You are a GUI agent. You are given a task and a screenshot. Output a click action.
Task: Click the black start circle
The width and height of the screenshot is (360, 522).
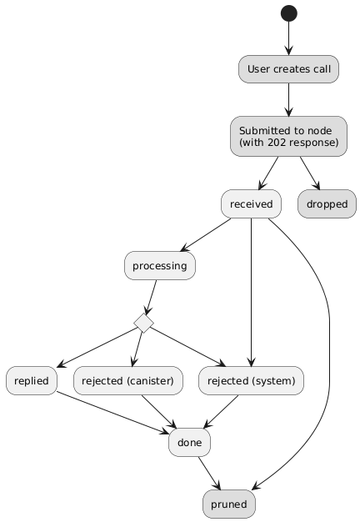[x=289, y=13]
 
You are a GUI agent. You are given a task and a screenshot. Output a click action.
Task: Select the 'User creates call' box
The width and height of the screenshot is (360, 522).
[x=288, y=69]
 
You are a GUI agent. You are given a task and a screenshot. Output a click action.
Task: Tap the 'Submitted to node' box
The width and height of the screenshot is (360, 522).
[x=288, y=137]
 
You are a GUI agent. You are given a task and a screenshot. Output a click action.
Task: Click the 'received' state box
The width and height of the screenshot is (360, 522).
[x=251, y=204]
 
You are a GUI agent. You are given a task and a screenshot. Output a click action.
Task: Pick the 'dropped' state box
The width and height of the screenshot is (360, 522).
[x=327, y=204]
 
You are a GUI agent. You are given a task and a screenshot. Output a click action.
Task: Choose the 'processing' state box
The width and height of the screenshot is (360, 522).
[x=160, y=266]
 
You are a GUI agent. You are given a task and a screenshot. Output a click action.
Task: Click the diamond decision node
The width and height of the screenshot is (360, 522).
[x=143, y=323]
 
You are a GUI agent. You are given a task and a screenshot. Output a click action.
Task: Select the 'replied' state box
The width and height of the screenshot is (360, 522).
[x=32, y=381]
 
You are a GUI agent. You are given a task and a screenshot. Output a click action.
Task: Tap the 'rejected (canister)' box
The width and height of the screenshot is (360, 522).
[x=128, y=381]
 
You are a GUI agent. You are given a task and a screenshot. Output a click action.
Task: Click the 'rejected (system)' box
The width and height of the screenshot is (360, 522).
[x=251, y=381]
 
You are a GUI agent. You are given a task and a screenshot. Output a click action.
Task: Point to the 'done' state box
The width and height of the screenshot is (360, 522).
[x=190, y=443]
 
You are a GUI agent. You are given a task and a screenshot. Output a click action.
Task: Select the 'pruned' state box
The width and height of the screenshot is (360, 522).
[x=229, y=504]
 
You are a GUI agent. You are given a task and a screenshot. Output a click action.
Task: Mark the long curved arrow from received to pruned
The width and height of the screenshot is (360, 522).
[x=329, y=333]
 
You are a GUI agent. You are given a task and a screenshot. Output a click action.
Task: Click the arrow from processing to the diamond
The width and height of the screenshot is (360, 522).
[x=151, y=297]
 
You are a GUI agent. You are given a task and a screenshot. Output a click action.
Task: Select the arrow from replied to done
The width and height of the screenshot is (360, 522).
[x=113, y=413]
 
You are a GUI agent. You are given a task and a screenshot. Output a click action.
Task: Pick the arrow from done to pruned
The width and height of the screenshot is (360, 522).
[x=209, y=473]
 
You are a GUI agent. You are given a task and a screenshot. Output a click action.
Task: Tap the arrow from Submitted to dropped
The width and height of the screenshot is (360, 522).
[x=310, y=173]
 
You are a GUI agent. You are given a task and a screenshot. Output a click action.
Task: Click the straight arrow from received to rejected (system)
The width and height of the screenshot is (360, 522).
[x=251, y=293]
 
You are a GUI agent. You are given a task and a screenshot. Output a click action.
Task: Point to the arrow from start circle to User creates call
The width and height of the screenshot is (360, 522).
[x=289, y=38]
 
